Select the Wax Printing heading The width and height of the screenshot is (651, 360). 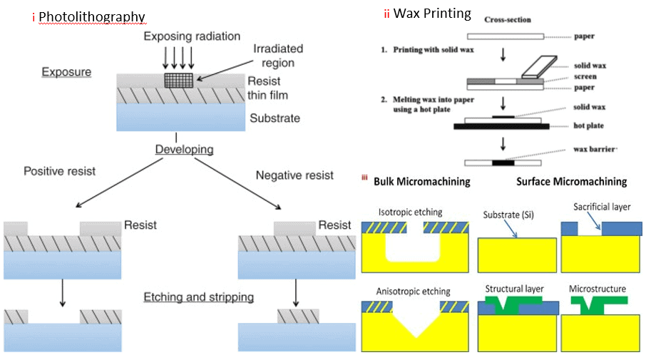(x=432, y=14)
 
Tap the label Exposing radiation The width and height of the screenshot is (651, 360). (x=191, y=36)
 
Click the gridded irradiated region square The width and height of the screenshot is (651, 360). (x=179, y=81)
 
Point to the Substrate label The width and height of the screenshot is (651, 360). (x=275, y=118)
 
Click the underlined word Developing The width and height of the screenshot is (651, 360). (x=185, y=150)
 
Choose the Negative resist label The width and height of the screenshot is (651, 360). (x=294, y=175)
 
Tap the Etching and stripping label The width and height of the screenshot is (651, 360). (x=198, y=297)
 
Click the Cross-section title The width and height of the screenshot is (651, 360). (x=507, y=20)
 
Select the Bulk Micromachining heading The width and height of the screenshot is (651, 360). (x=421, y=182)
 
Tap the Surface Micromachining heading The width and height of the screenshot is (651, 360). (x=571, y=182)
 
